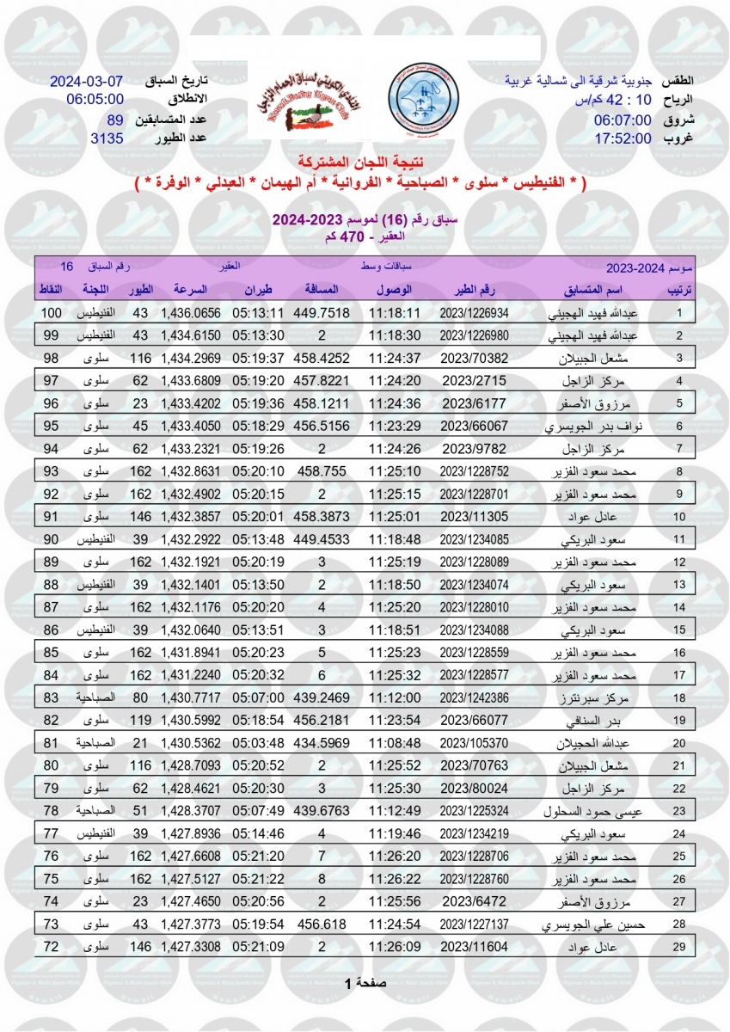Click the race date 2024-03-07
[87, 82]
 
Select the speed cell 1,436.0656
[191, 313]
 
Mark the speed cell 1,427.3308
[191, 946]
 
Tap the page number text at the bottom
[365, 983]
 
